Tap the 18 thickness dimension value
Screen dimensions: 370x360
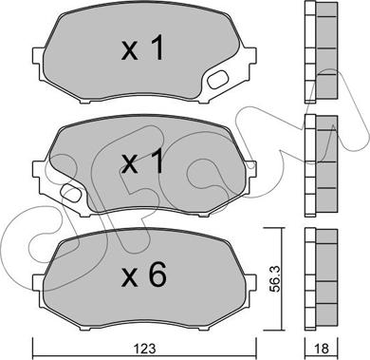(322, 349)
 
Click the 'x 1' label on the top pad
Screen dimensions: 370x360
(143, 47)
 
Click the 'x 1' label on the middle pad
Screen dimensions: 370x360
(143, 161)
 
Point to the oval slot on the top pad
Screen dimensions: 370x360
(217, 80)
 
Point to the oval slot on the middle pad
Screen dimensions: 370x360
(71, 193)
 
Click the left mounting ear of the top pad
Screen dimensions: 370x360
(38, 60)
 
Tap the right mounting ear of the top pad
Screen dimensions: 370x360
(250, 58)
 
